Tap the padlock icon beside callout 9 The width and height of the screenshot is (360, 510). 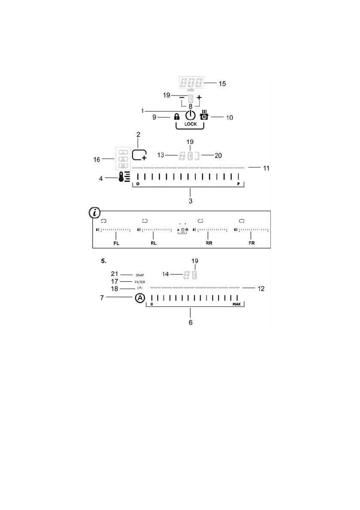tap(176, 117)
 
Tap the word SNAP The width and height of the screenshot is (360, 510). tap(140, 275)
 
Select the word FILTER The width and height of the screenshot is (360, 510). tap(140, 282)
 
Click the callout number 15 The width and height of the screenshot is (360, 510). tap(222, 83)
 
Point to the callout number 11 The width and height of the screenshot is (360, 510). tap(266, 168)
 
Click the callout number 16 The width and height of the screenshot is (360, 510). tap(98, 159)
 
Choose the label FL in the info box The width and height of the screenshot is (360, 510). tap(116, 243)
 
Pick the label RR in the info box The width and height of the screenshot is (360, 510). tap(209, 243)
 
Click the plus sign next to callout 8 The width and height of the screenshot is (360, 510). tap(199, 98)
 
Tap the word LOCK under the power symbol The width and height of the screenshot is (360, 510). tap(191, 123)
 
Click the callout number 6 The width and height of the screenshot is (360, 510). tap(191, 322)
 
